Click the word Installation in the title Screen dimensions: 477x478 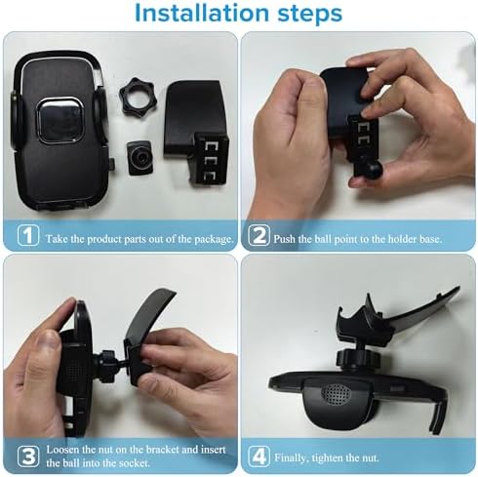(x=200, y=15)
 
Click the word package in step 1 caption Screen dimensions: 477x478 (x=209, y=238)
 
